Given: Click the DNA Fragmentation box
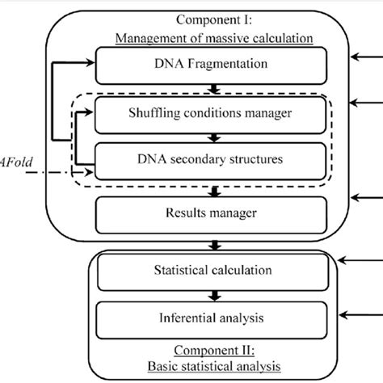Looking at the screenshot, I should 215,64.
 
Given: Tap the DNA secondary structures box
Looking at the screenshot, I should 215,159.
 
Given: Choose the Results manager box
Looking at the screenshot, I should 215,214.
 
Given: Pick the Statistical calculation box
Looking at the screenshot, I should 215,271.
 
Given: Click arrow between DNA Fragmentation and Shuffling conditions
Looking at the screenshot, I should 215,90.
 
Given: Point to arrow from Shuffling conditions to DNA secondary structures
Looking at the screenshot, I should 215,138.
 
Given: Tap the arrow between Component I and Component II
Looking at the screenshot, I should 215,243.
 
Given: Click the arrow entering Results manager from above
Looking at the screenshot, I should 215,191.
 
